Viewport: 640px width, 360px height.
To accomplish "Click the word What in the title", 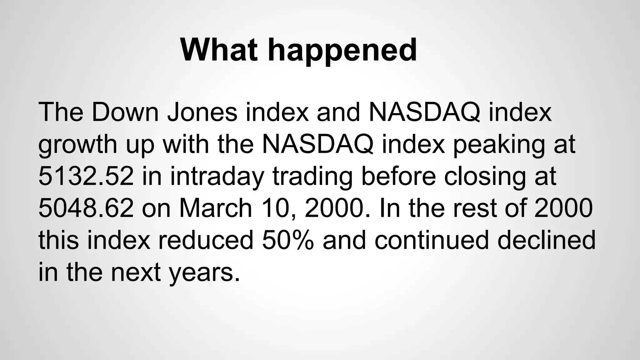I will (x=219, y=50).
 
